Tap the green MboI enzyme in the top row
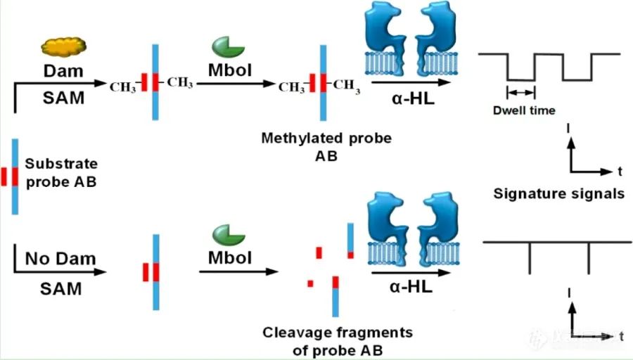[x=228, y=48]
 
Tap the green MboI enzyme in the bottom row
[x=228, y=233]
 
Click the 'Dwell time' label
[x=523, y=110]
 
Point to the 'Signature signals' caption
[x=559, y=193]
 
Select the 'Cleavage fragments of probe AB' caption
[x=338, y=340]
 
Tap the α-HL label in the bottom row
[x=413, y=287]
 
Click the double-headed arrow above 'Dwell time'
[x=521, y=92]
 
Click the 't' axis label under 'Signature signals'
[x=619, y=171]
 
